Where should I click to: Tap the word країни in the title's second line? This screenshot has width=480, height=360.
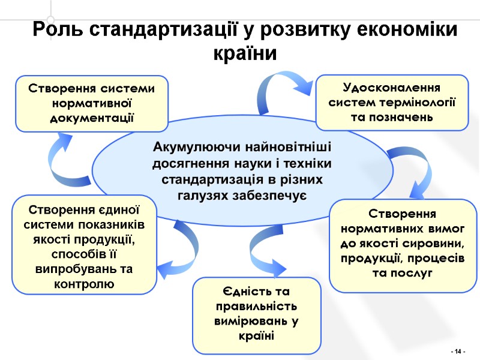point(245,53)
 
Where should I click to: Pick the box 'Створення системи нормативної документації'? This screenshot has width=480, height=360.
point(92,103)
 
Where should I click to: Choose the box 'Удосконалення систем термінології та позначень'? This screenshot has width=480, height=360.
point(392,102)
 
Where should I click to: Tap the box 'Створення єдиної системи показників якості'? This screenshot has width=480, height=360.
point(84,244)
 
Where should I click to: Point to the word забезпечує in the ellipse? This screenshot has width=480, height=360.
point(274,196)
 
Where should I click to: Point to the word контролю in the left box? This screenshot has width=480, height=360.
point(84,282)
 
